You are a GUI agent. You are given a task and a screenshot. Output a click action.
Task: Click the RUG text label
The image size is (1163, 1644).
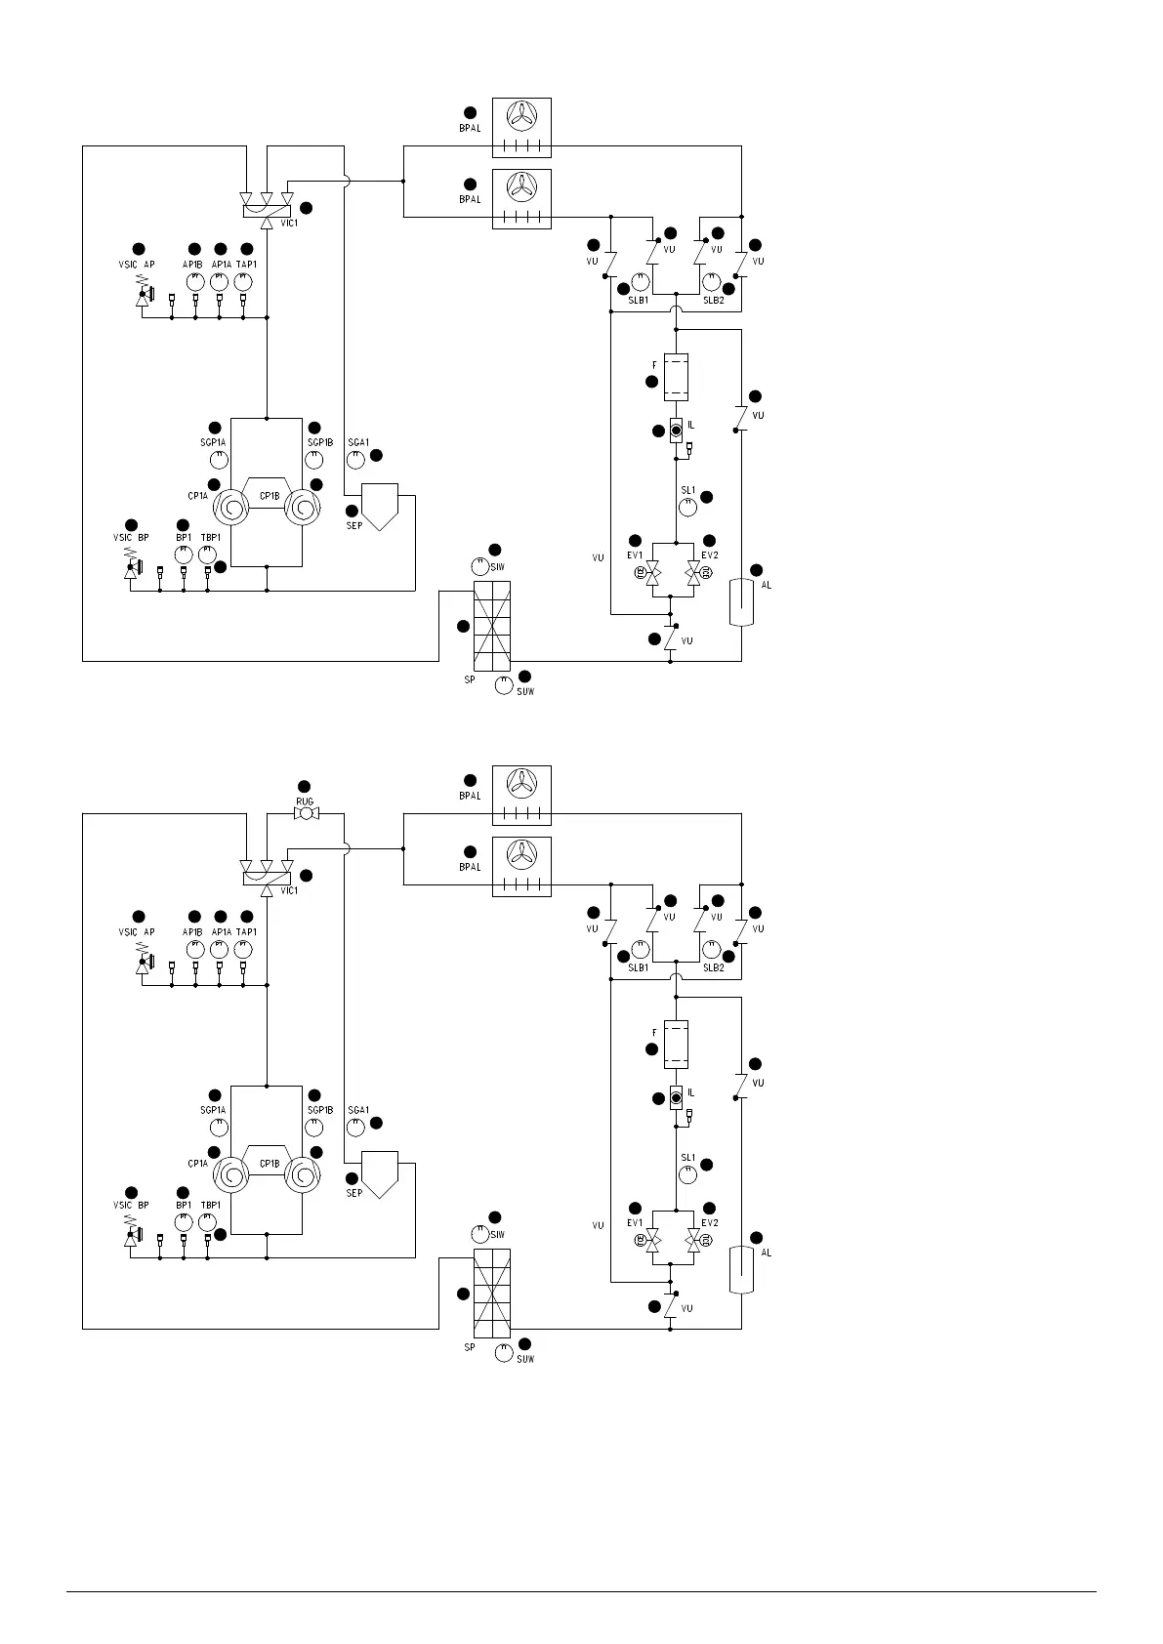tap(305, 801)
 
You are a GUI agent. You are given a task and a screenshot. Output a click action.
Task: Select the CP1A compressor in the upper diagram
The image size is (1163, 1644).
tap(231, 509)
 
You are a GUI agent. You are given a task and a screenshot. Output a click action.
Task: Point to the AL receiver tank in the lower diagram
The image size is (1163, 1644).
tap(741, 1267)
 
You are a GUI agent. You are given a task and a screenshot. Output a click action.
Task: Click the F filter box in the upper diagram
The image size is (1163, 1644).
tap(676, 377)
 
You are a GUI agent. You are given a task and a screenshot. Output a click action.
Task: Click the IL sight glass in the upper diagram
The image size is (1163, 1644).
tap(676, 430)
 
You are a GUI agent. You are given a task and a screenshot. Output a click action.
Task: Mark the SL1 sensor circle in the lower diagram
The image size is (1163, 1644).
tap(687, 1174)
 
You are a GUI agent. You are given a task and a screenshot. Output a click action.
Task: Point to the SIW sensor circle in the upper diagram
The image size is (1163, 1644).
tap(479, 566)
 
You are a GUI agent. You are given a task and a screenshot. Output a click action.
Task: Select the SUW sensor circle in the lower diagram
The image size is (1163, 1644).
tap(504, 1353)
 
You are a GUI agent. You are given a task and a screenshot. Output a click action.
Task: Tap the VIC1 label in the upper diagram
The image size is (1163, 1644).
tap(289, 224)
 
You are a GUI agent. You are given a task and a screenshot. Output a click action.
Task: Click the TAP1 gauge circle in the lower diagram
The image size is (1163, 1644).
tap(243, 949)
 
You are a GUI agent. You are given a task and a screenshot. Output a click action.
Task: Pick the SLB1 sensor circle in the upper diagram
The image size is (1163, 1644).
tap(641, 282)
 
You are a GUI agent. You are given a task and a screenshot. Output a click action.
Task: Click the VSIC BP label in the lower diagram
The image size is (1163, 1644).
tap(132, 1206)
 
